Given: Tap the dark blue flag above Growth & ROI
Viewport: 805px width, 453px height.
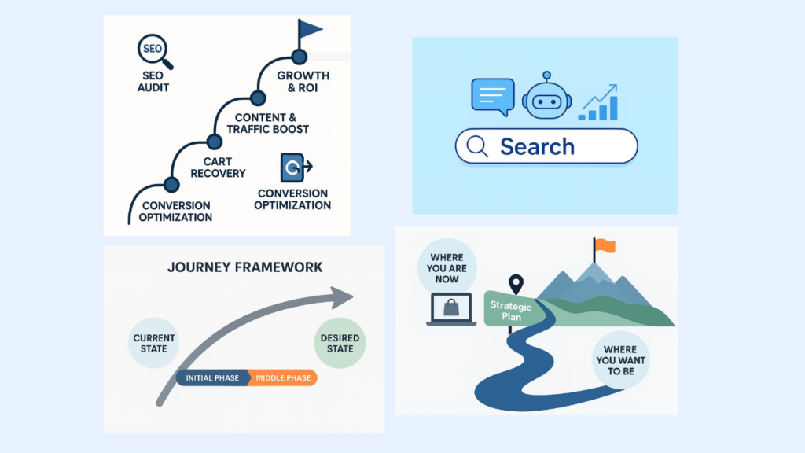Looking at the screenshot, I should pyautogui.click(x=309, y=31).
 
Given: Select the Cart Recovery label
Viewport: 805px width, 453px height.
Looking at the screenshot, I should pyautogui.click(x=218, y=167).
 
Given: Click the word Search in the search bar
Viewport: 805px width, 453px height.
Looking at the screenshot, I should pyautogui.click(x=537, y=146).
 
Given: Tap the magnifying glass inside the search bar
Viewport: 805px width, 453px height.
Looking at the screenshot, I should pyautogui.click(x=477, y=146).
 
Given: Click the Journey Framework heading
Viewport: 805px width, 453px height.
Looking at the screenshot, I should pyautogui.click(x=245, y=267).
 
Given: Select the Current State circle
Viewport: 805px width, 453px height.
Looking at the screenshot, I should pyautogui.click(x=155, y=344).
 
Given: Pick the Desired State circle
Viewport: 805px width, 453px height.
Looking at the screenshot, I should pyautogui.click(x=340, y=344).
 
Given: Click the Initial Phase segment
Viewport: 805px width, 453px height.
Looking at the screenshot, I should pyautogui.click(x=212, y=378).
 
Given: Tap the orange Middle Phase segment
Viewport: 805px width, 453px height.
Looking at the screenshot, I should pyautogui.click(x=284, y=378).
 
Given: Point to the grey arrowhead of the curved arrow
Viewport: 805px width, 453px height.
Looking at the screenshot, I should pyautogui.click(x=340, y=296).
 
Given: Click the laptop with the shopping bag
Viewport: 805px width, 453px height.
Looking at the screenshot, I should pyautogui.click(x=450, y=309).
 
